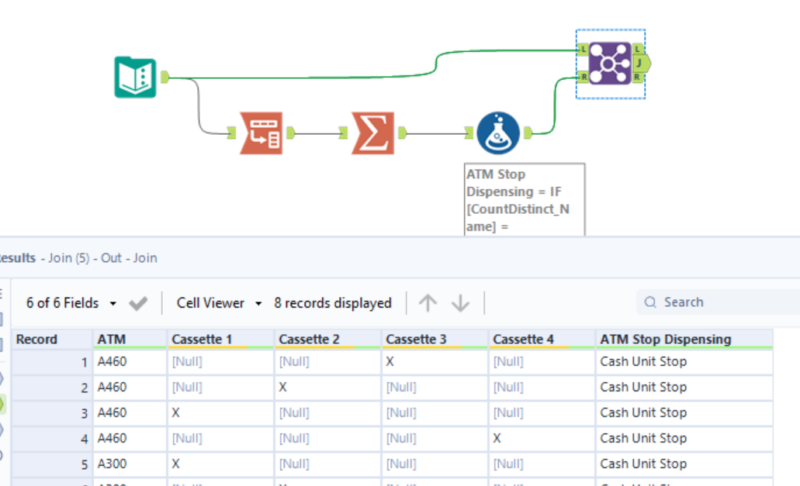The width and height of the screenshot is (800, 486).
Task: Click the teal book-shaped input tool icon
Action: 136,77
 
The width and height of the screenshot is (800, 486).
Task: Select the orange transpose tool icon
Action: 261,133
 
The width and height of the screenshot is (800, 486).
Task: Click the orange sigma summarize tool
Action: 372,133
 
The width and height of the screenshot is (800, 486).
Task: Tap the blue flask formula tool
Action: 498,133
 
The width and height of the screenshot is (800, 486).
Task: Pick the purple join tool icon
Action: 610,63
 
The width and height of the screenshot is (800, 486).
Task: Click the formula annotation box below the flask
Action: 524,198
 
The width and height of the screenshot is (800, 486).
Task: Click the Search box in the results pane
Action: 718,302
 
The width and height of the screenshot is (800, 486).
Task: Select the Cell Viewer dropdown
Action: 219,303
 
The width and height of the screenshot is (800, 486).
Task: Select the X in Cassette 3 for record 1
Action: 390,361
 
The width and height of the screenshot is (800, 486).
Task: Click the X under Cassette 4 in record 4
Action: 497,438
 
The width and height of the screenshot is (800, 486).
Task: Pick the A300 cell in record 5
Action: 112,464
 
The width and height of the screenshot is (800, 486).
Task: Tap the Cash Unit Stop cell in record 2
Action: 643,387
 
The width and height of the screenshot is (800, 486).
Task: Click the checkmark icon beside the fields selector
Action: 138,303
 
